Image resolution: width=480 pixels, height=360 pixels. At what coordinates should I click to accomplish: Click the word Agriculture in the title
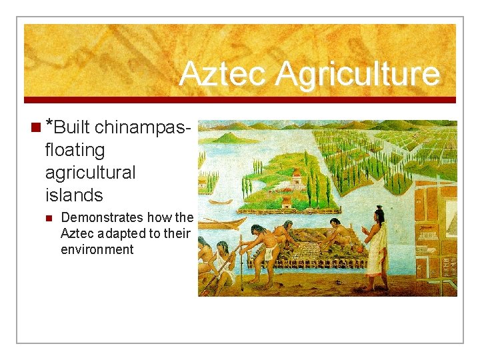point(357,74)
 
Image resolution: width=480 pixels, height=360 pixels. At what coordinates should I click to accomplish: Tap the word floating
point(75,149)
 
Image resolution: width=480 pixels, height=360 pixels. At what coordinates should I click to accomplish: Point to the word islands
point(73,195)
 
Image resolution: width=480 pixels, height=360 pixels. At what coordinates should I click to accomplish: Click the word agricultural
point(90,172)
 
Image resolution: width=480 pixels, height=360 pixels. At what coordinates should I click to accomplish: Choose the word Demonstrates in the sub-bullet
point(101,217)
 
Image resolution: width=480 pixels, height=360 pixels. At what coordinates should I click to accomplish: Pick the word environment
point(97,249)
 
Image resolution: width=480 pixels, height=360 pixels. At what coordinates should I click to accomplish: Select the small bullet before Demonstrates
point(48,218)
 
